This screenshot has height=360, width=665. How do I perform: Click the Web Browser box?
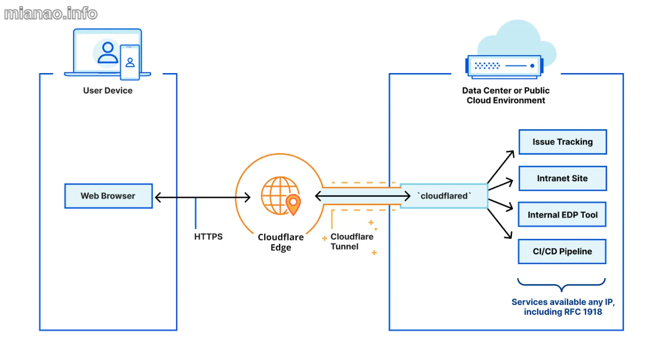click(108, 196)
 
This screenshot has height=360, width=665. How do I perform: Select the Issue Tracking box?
click(562, 142)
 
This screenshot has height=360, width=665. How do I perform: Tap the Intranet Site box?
click(562, 178)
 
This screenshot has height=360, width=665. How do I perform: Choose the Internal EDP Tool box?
click(562, 215)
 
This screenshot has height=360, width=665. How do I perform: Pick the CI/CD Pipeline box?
click(562, 252)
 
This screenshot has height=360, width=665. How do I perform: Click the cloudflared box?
click(443, 196)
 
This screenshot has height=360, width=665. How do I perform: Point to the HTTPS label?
click(208, 237)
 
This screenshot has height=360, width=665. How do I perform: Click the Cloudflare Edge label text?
click(281, 242)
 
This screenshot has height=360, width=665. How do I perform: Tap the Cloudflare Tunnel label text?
click(351, 242)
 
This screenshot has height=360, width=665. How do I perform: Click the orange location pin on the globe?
click(293, 204)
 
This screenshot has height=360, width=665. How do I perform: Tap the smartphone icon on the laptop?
click(130, 62)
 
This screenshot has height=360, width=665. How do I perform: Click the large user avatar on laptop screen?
click(107, 53)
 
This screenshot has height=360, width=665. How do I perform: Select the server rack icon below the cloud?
click(504, 66)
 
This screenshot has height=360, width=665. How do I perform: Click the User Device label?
click(108, 91)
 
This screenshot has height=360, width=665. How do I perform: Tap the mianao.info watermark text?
click(51, 14)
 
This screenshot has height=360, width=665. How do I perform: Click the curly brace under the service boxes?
click(561, 285)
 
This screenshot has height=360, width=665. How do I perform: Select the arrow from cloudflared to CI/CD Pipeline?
click(500, 224)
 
